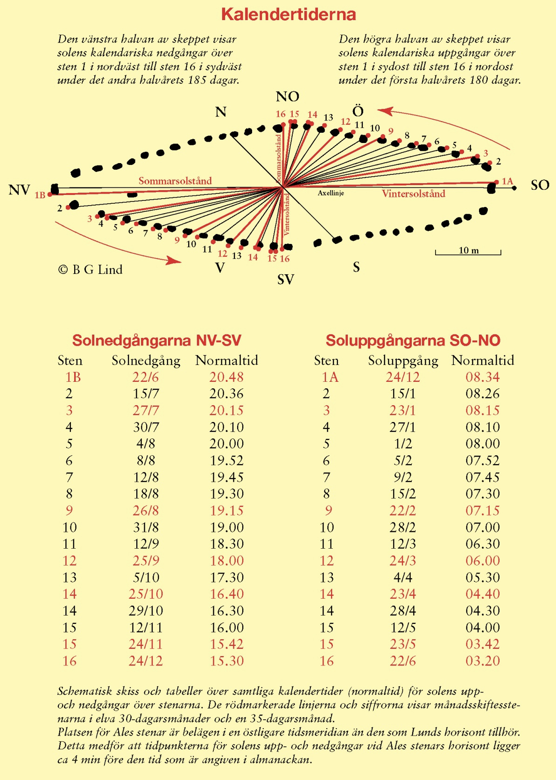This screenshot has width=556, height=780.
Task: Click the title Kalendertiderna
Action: click(x=289, y=14)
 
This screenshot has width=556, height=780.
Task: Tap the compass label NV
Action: click(x=19, y=190)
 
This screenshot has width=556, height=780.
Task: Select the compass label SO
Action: click(x=540, y=185)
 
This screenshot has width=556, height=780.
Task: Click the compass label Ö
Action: click(x=358, y=111)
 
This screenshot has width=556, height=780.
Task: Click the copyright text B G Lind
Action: click(x=91, y=270)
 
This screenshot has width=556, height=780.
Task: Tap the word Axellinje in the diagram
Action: click(x=331, y=193)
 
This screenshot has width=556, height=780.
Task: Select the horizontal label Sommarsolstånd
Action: click(x=175, y=181)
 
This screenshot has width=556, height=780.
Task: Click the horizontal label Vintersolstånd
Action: click(x=413, y=193)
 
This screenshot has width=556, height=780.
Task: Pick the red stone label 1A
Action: click(x=507, y=181)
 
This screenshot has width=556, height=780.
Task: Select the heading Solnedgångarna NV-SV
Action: click(x=157, y=340)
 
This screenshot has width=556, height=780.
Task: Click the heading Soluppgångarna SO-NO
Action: click(x=413, y=340)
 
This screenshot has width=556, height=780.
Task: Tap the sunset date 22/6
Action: click(x=146, y=377)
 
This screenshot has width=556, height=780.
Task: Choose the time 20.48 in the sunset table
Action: click(x=226, y=377)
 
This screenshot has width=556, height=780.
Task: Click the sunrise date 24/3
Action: click(x=402, y=560)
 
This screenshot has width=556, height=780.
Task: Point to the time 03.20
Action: click(x=483, y=661)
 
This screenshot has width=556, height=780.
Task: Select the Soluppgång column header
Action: click(x=403, y=360)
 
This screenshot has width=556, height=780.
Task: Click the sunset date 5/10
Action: click(x=146, y=577)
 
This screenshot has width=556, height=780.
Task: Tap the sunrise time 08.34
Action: click(x=483, y=377)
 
